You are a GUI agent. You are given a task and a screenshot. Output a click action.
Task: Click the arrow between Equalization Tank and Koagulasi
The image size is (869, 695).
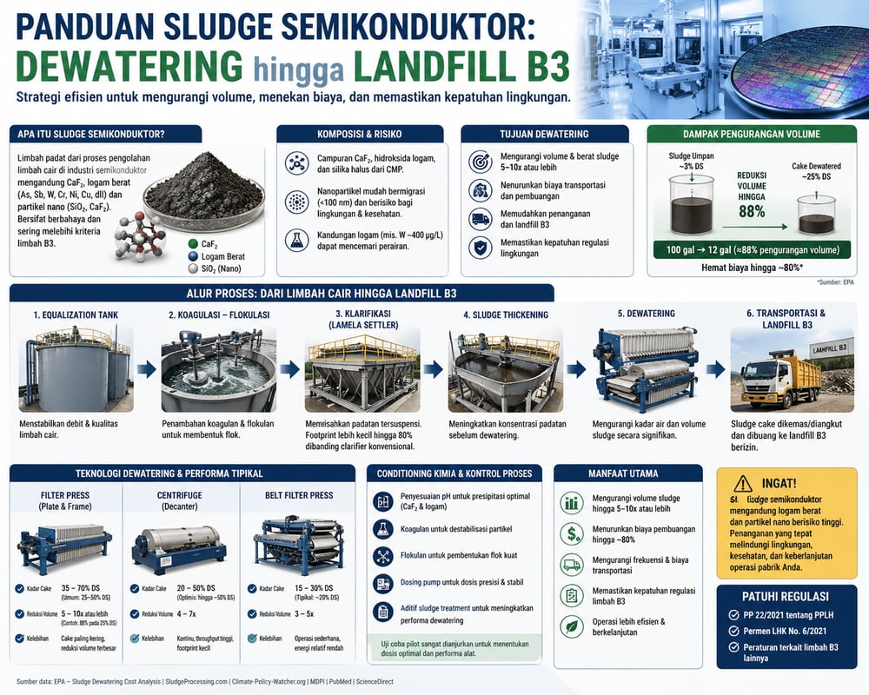coord(147,368)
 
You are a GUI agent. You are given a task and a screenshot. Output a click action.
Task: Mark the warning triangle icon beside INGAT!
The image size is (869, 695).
coord(743,484)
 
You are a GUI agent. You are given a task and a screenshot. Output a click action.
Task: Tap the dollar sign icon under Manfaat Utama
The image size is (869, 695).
coord(572,533)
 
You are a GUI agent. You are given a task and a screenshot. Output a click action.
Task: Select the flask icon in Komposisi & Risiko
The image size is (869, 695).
coord(296,241)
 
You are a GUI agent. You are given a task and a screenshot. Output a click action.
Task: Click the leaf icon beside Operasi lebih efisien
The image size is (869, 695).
coord(572,625)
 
